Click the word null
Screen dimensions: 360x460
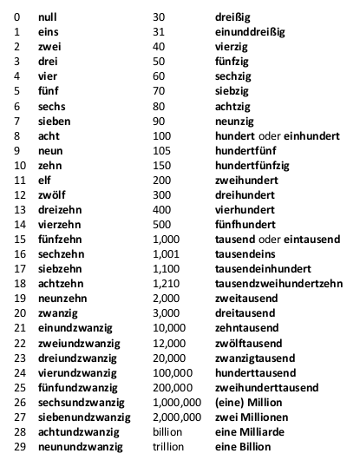click(49, 16)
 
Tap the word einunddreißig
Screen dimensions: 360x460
click(250, 31)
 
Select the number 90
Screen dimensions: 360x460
click(159, 120)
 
